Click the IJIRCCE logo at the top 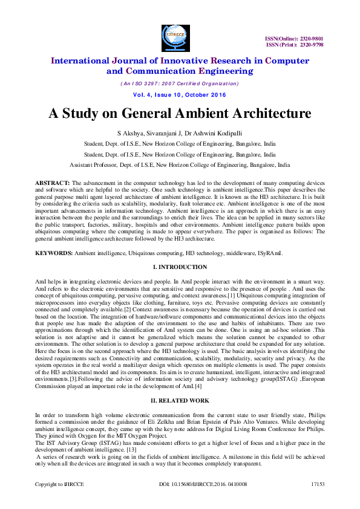click(175, 38)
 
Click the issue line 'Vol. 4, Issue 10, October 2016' click(180, 95)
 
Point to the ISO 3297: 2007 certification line click(180, 83)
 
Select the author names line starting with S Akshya click(180, 132)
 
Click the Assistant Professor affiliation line click(180, 164)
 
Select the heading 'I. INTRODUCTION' click(180, 267)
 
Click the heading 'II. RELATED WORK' click(180, 401)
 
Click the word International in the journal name click(82, 60)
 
